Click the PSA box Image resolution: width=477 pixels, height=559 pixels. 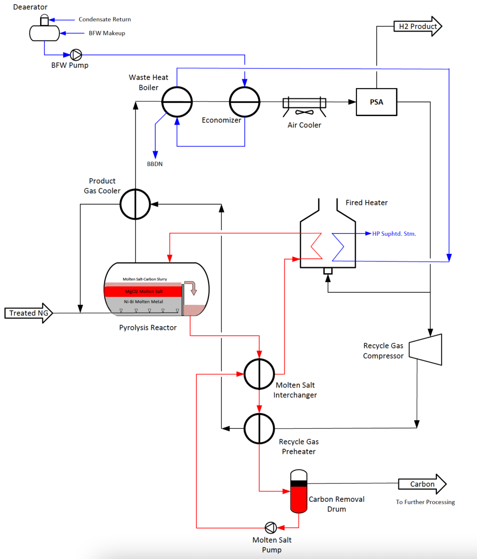(x=376, y=102)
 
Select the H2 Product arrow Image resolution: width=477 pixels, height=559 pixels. (x=418, y=26)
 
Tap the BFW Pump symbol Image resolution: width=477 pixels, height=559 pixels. (x=76, y=55)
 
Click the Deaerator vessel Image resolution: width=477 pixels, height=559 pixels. (x=44, y=33)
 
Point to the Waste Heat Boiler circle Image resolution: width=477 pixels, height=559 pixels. (x=177, y=102)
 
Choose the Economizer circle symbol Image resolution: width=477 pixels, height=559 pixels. (x=245, y=102)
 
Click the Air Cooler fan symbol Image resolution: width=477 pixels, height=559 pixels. (x=304, y=112)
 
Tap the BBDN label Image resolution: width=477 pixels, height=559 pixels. (x=155, y=164)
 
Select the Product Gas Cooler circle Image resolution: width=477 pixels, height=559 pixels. (x=135, y=204)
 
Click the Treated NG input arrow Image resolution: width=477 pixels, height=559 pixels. (x=28, y=313)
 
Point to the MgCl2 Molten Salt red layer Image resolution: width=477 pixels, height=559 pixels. (x=143, y=291)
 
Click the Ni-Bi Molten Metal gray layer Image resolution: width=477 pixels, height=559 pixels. (x=143, y=302)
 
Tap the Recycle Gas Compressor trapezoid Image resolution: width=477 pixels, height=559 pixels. (x=426, y=349)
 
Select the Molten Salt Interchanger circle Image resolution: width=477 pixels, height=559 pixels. (x=259, y=374)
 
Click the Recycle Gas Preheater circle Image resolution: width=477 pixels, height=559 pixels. (x=259, y=428)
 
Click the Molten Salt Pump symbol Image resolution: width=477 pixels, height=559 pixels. (x=271, y=528)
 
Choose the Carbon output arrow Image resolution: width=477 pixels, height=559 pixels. (x=422, y=484)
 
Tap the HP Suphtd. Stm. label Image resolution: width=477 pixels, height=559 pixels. (x=394, y=234)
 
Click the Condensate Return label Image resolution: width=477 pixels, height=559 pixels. (x=105, y=19)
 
